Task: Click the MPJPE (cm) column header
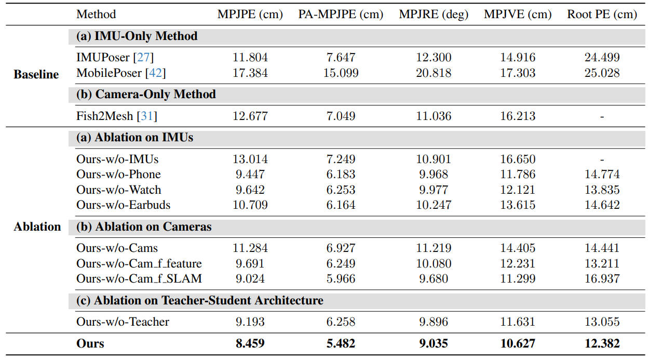point(250,14)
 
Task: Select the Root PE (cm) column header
point(602,14)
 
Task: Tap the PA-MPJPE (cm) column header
point(341,14)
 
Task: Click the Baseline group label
point(36,74)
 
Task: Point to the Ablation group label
point(37,226)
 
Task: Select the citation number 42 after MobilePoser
point(156,73)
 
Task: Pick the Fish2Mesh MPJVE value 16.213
point(517,116)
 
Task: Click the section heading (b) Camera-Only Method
point(146,94)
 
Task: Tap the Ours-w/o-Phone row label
point(118,174)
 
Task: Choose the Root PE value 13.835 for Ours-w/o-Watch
point(602,190)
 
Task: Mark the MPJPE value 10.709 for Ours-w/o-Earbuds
point(250,205)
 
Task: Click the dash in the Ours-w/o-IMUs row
point(602,159)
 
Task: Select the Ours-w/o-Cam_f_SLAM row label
point(139,278)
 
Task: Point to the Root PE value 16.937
point(602,278)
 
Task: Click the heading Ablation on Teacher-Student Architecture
point(199,300)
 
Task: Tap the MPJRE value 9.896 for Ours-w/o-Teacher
point(434,322)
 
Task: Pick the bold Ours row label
point(90,343)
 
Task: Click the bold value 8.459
point(250,343)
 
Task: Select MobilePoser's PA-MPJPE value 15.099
point(341,73)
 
